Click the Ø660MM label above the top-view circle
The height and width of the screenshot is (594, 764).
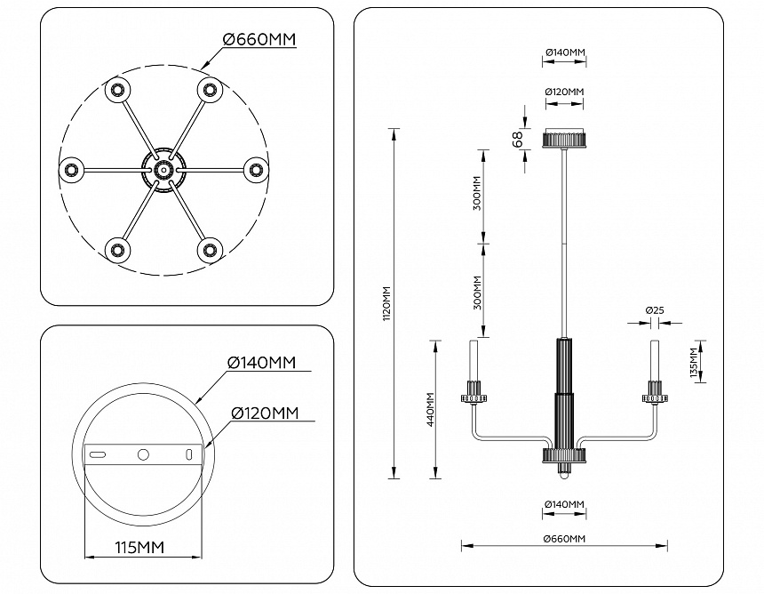point(259,40)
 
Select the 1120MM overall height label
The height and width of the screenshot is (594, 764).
point(386,303)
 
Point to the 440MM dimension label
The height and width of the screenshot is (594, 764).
point(430,410)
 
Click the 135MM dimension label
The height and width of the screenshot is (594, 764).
point(693,363)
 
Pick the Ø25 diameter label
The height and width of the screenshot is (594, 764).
point(655,310)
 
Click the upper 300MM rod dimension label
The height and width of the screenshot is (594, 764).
point(477,193)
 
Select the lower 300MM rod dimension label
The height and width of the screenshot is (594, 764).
point(477,292)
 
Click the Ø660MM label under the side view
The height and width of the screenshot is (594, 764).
point(564,540)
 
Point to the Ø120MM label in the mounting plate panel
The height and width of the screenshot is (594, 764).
point(264,413)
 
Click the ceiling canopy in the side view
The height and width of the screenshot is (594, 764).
point(564,139)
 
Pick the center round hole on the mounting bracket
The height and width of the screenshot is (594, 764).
point(143,454)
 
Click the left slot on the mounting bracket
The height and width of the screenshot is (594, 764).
point(97,454)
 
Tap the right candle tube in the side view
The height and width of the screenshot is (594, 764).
point(655,359)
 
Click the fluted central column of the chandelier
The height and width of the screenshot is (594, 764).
point(564,391)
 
